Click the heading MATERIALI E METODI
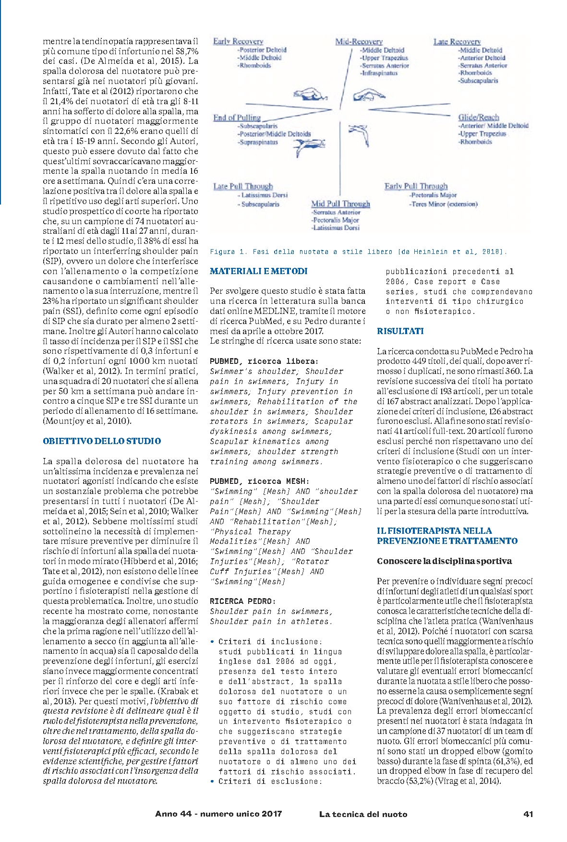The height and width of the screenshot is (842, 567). tap(259, 271)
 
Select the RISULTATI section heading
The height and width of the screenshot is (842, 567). tap(400, 331)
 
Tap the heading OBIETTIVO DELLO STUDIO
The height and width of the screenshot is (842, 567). tap(102, 441)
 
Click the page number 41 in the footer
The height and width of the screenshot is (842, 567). tap(528, 814)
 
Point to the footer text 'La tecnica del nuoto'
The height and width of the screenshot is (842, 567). tap(363, 814)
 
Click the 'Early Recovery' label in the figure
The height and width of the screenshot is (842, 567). tap(238, 42)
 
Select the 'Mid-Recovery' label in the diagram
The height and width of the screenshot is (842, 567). tap(359, 42)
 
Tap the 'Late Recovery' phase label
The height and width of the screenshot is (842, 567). tap(457, 42)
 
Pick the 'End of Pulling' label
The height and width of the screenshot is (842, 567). tap(237, 118)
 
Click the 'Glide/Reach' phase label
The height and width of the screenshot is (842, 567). tap(479, 117)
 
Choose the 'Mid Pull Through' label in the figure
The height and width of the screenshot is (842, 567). tap(340, 204)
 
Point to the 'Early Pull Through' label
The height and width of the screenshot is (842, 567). tap(416, 186)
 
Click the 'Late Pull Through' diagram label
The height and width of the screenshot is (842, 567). tap(243, 186)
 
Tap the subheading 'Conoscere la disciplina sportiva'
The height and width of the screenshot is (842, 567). tap(444, 561)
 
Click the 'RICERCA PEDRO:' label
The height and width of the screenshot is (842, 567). tap(236, 601)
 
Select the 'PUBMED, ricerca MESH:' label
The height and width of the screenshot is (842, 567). tap(260, 481)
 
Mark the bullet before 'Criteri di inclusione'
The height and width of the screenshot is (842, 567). tap(212, 642)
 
